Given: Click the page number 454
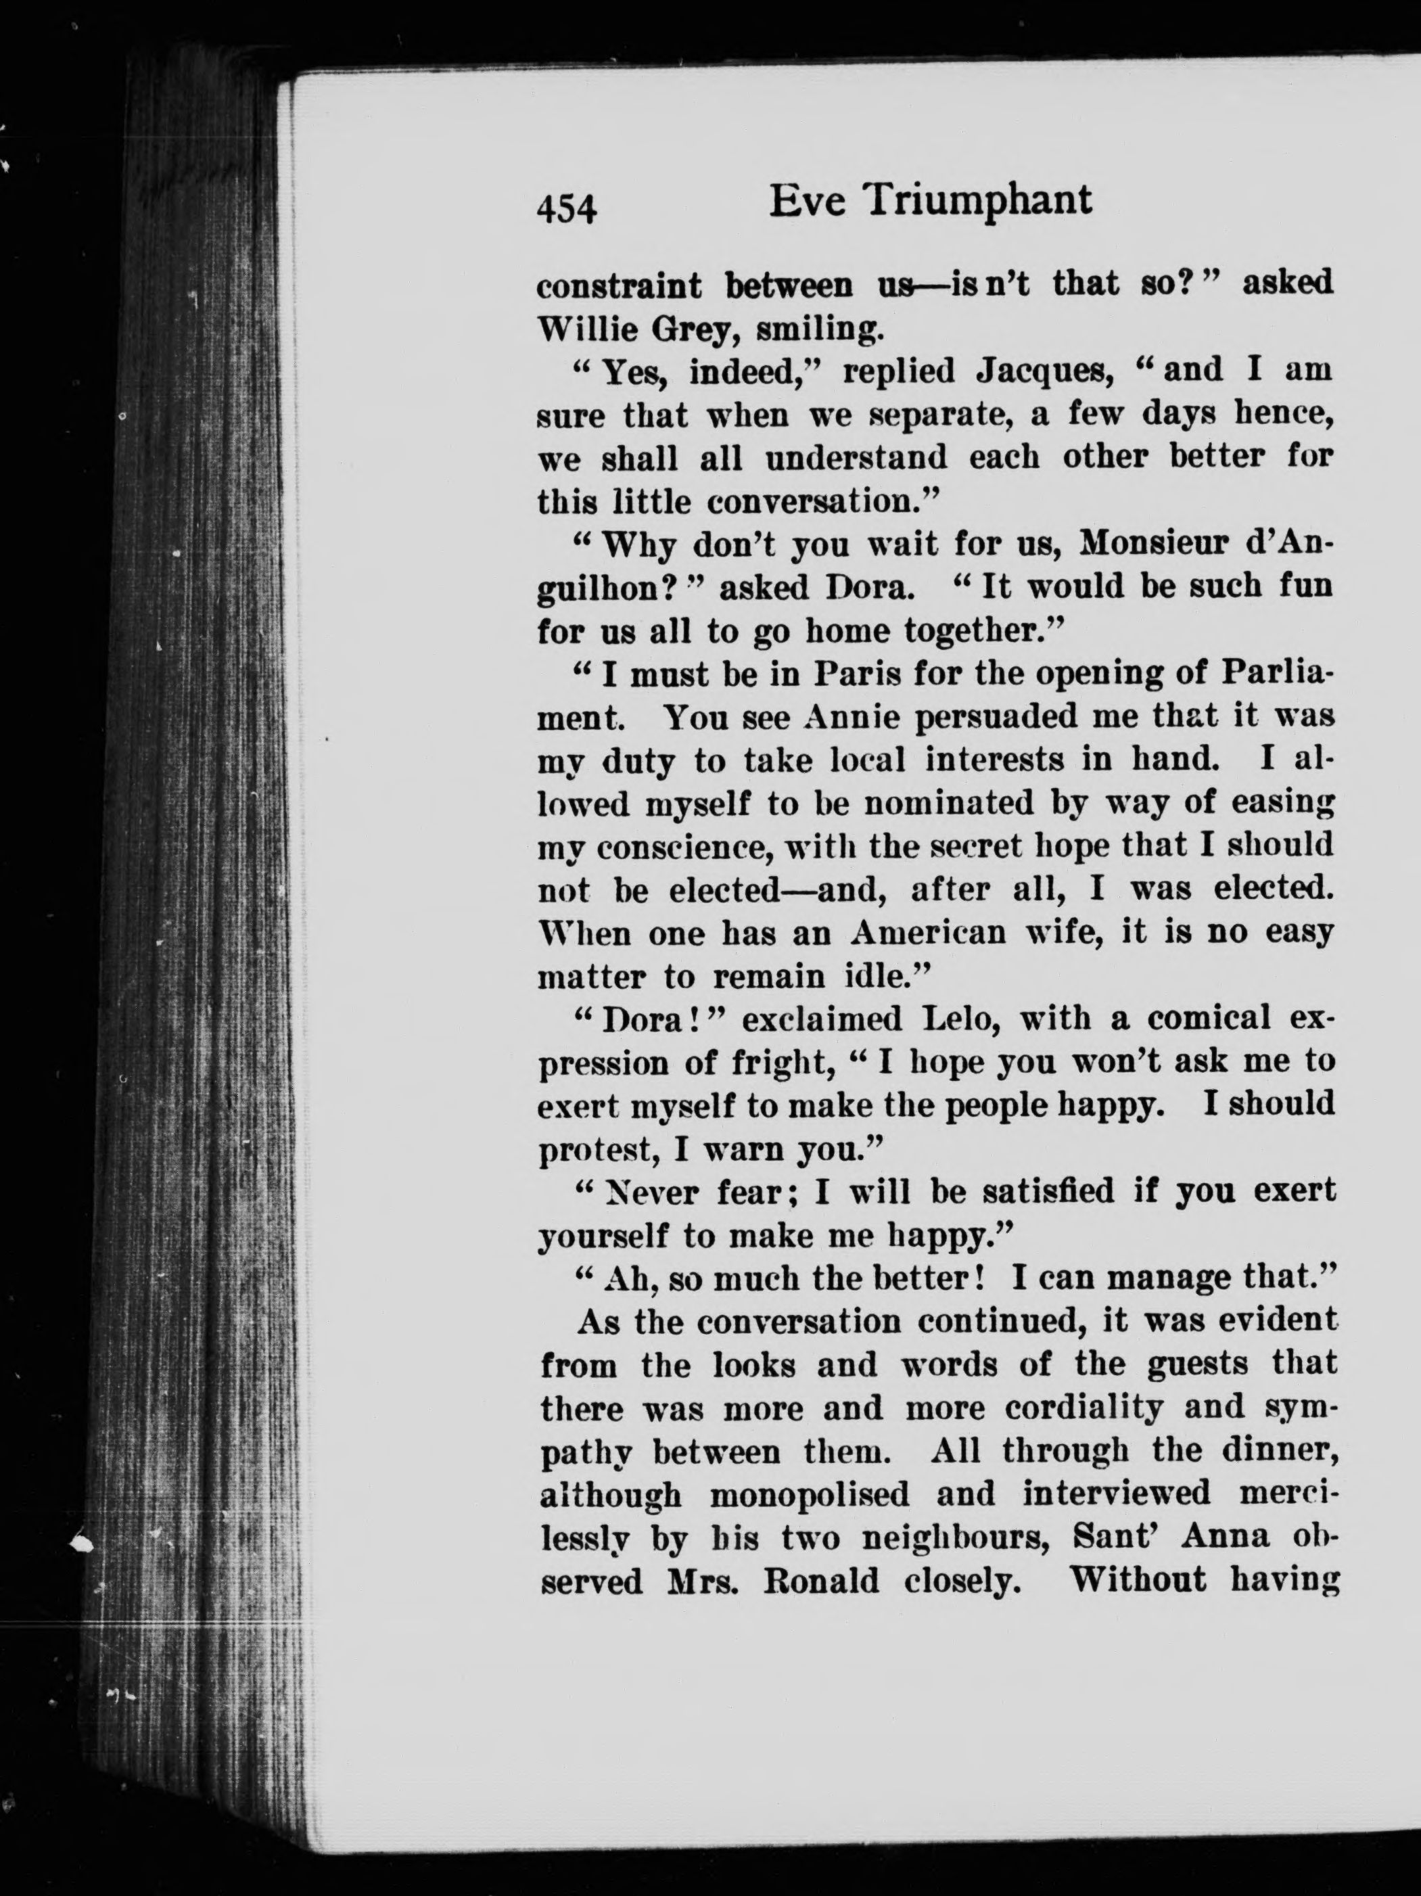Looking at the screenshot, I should tap(565, 208).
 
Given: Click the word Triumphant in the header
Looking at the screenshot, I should tap(977, 202).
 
